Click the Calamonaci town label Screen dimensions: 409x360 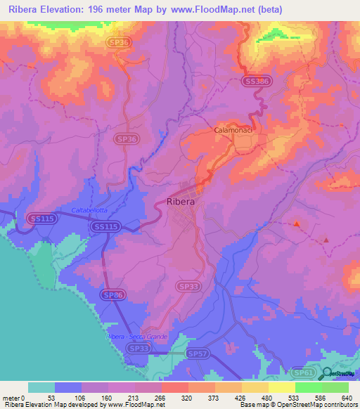[x=233, y=131]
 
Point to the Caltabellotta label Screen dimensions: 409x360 [x=91, y=211]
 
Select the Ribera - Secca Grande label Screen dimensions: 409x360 [x=136, y=337]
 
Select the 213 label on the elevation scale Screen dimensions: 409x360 [x=135, y=397]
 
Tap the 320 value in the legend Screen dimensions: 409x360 [x=188, y=397]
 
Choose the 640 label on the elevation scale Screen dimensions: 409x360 [x=346, y=397]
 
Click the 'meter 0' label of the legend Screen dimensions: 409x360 [x=13, y=397]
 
